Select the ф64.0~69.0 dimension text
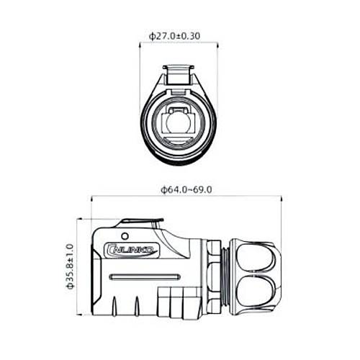pos(186,189)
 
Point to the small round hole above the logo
pos(125,235)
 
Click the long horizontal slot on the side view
pos(143,276)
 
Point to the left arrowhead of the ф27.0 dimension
pos(142,42)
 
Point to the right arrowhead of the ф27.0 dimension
pos(217,42)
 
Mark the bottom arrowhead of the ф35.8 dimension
pos(79,314)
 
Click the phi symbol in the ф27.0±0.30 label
pos(152,35)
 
